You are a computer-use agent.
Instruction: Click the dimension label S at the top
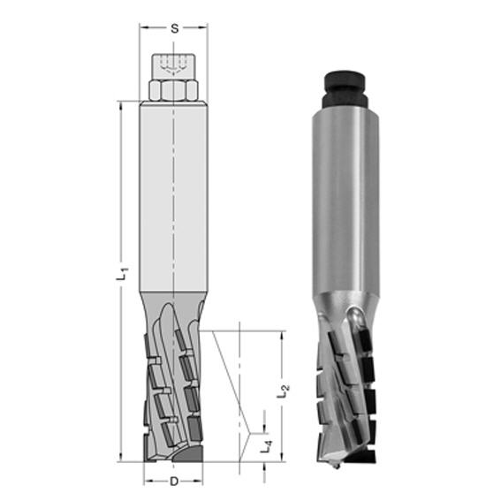[174, 29]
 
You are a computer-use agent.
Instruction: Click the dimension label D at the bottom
[174, 482]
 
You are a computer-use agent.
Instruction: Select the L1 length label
[122, 274]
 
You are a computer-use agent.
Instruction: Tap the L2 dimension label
[283, 391]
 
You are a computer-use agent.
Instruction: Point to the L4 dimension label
[266, 445]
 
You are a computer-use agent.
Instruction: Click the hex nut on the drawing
[173, 90]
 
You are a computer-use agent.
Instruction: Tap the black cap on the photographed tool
[345, 89]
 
